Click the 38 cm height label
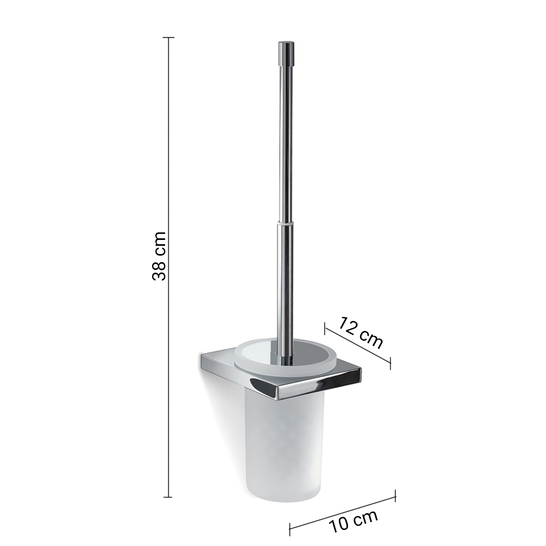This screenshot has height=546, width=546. point(159,256)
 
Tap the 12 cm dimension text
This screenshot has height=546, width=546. point(361,332)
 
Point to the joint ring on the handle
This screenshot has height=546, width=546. point(285,222)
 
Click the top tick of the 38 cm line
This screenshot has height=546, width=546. point(168,37)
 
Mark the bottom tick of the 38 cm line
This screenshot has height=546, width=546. point(168,497)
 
